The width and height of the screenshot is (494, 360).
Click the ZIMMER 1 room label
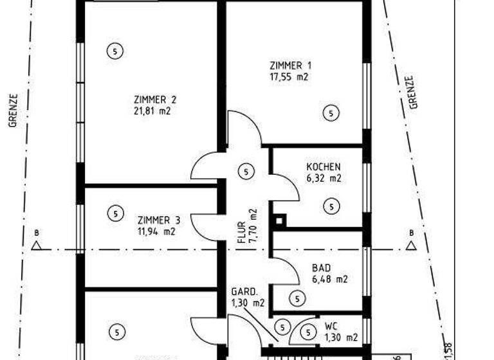click(291, 66)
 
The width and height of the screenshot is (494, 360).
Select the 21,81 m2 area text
click(152, 111)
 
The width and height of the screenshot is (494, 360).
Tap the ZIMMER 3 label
click(155, 220)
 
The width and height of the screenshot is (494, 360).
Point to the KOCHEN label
click(324, 166)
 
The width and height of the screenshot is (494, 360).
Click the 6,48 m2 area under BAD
click(329, 280)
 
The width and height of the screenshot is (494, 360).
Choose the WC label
click(331, 325)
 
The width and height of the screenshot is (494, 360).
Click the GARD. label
click(245, 291)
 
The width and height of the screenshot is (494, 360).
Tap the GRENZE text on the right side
click(412, 92)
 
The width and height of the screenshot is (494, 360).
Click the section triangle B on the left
click(37, 245)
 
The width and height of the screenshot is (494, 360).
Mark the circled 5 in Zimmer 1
click(331, 113)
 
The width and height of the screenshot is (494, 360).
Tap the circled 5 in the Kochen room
click(331, 206)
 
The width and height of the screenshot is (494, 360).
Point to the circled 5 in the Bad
click(297, 298)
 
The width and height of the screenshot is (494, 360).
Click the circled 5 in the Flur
click(245, 172)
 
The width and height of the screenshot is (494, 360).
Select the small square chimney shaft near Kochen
click(279, 221)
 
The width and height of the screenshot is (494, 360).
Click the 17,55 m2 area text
click(289, 77)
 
